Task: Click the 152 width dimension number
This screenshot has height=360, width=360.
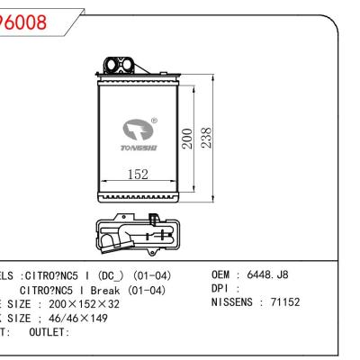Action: point(137,175)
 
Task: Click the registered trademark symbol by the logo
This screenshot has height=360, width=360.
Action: point(154,120)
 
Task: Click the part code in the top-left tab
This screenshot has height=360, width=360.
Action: point(23,22)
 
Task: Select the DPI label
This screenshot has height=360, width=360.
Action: point(220,289)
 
